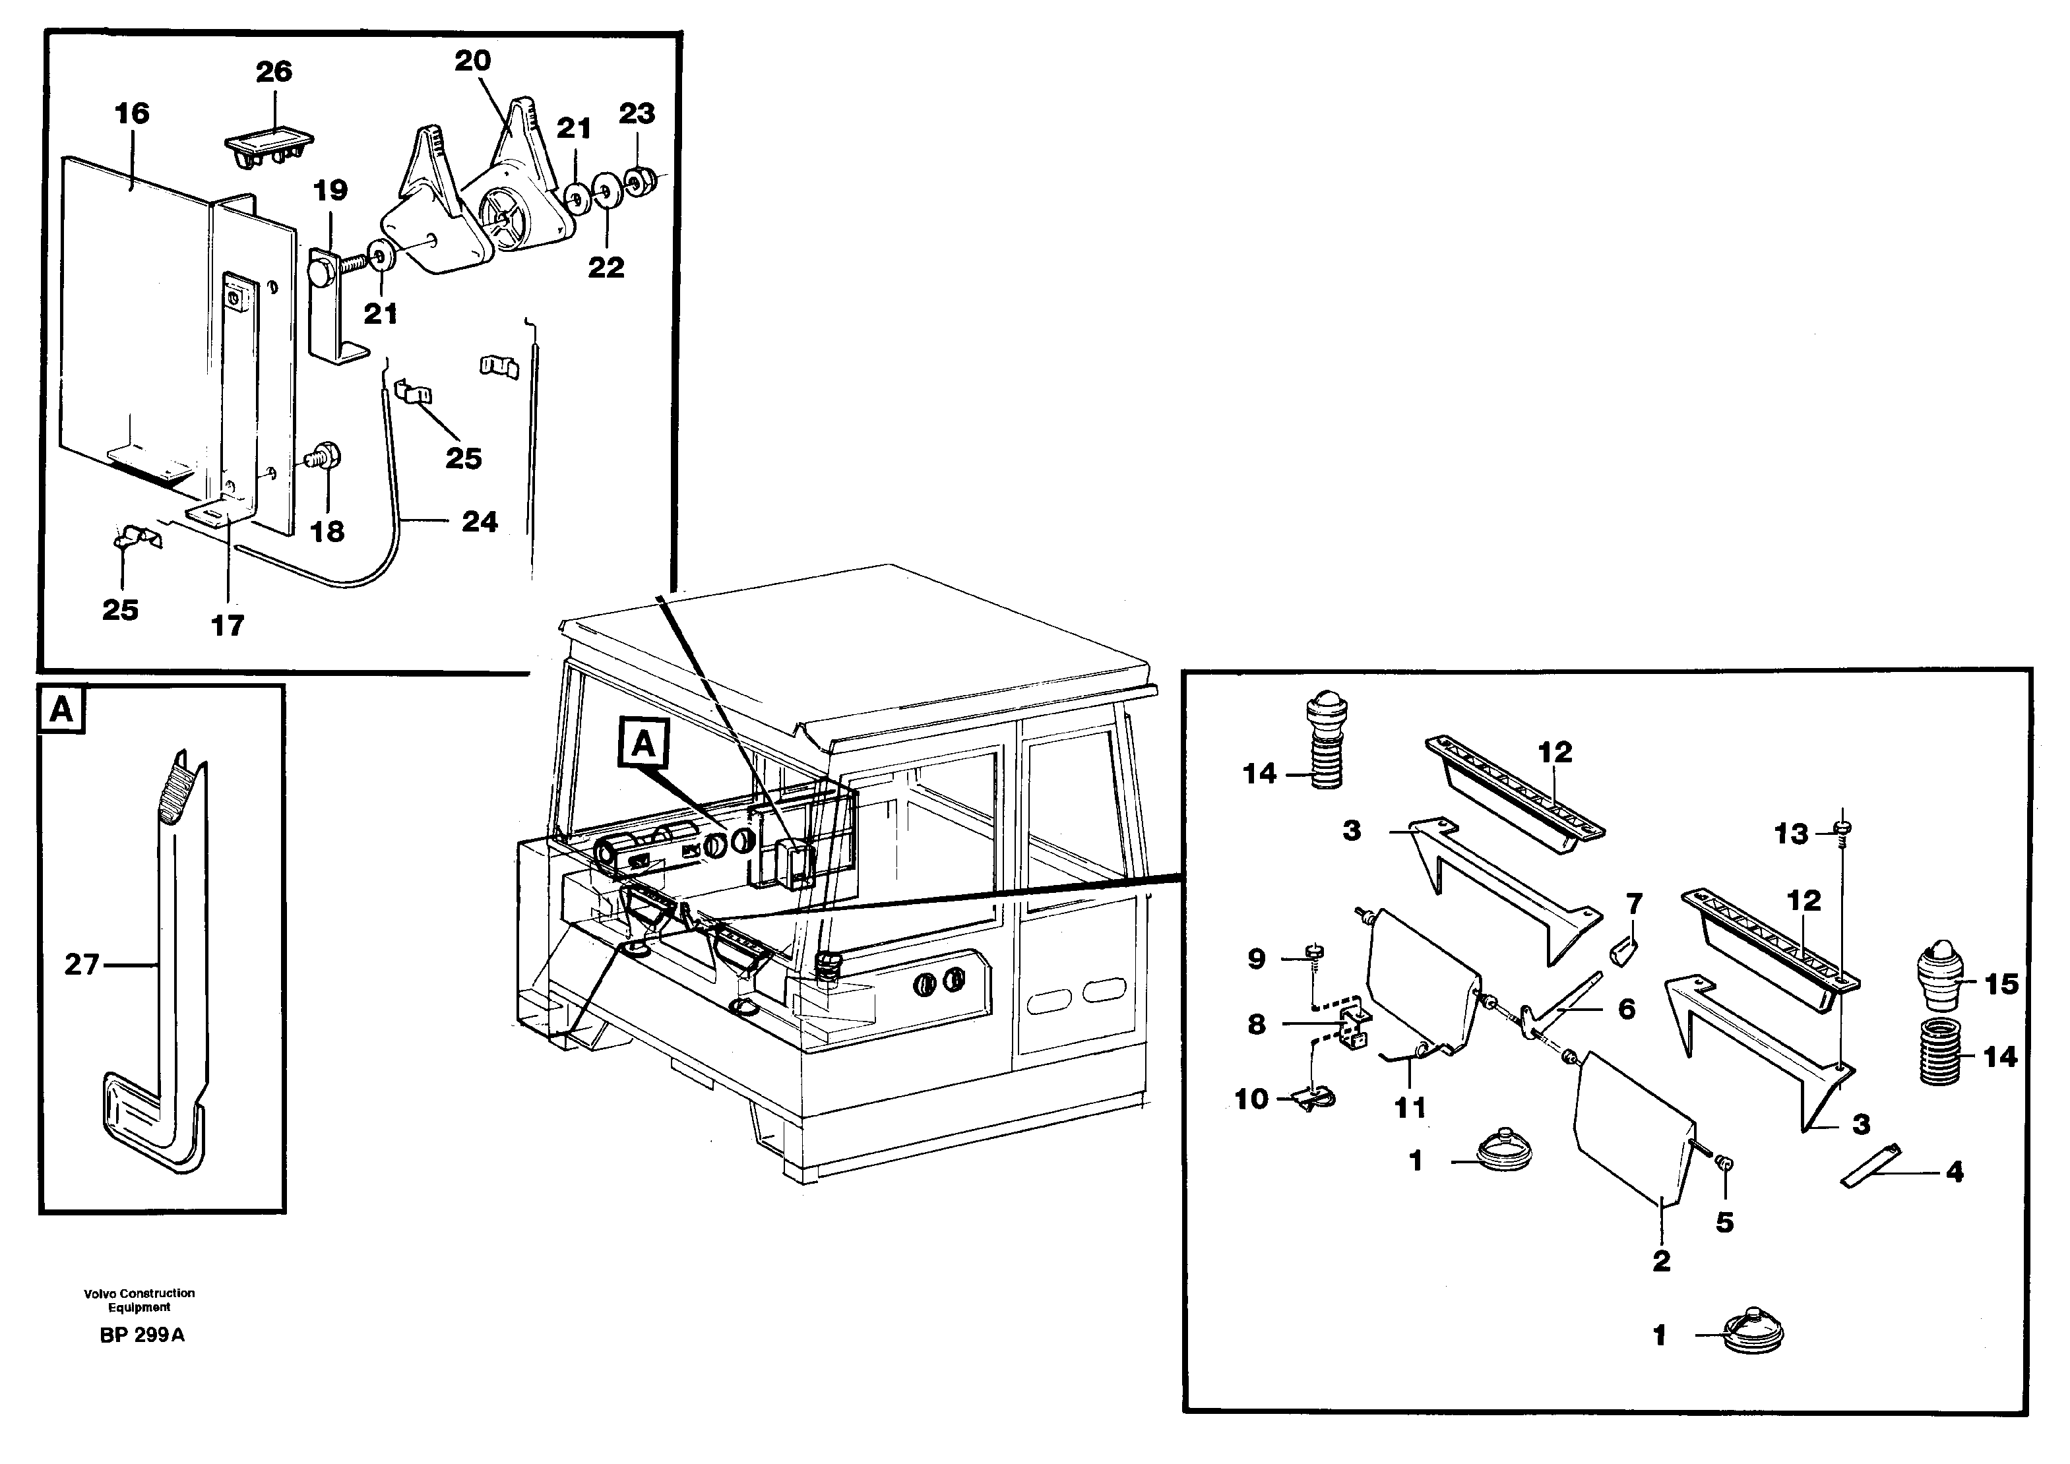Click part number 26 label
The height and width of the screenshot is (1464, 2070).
[274, 71]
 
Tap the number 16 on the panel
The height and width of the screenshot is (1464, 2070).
[133, 113]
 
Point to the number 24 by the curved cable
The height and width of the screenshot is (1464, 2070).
[479, 521]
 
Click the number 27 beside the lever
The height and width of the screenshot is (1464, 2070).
[81, 965]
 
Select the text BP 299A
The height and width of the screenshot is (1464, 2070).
[142, 1335]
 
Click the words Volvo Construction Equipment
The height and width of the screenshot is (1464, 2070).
[140, 1299]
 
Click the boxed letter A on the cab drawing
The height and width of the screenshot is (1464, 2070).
[643, 745]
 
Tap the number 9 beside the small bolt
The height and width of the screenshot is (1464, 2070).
[1257, 958]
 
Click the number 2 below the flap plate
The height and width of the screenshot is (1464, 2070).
[1661, 1260]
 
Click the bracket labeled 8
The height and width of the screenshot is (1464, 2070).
[1353, 1027]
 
